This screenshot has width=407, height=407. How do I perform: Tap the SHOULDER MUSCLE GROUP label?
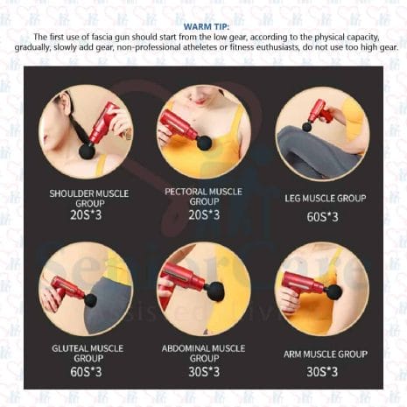pos(89,198)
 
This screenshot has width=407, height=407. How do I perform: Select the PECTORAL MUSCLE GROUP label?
pos(203,196)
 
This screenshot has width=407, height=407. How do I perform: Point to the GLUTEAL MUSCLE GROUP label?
pos(88,353)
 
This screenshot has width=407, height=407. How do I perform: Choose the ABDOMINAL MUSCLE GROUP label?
pos(203,353)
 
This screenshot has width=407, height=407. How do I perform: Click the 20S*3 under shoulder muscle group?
pos(88,214)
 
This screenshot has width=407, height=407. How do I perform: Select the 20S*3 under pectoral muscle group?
pos(203,214)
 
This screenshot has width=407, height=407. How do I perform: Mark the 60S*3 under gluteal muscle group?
pos(88,371)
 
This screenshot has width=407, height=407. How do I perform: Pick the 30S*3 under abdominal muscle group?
pos(203,371)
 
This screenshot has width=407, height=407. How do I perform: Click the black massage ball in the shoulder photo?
pos(88,152)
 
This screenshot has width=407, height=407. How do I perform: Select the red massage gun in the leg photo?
pos(319,111)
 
